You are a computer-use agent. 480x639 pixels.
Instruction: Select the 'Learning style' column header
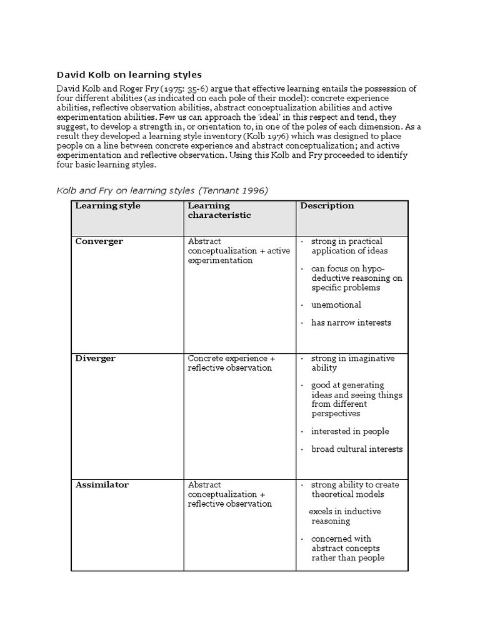[x=107, y=206]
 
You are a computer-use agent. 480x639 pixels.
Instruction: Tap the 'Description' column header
[x=327, y=206]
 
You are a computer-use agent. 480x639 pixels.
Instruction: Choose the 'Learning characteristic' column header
[x=219, y=210]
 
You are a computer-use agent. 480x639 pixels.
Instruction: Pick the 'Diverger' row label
[x=95, y=359]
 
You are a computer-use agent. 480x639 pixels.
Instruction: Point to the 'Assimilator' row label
[x=101, y=485]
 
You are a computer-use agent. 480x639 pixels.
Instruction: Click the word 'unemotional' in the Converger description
[x=336, y=305]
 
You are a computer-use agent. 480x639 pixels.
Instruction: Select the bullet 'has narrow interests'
[x=351, y=323]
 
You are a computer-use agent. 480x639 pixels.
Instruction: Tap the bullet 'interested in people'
[x=350, y=431]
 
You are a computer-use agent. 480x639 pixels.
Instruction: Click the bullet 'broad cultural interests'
[x=357, y=449]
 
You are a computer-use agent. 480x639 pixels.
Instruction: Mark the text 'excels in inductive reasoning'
[x=345, y=516]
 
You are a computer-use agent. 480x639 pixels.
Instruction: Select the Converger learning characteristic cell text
[x=230, y=251]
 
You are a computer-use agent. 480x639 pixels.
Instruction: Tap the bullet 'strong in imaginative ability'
[x=353, y=363]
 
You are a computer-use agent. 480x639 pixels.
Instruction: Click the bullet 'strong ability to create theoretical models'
[x=355, y=489]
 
